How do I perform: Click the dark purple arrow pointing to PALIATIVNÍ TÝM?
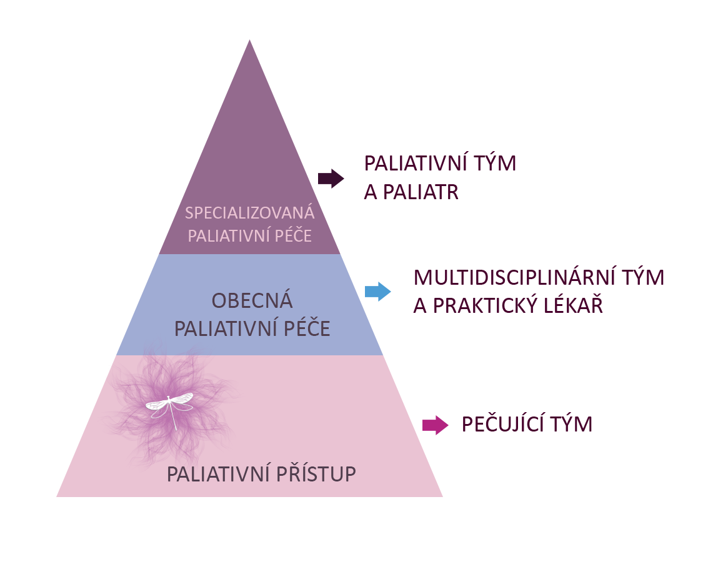tap(331, 179)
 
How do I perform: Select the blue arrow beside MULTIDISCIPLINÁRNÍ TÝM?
tap(378, 292)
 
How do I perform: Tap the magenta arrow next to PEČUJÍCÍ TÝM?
tap(435, 425)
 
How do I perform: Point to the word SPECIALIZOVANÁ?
tap(250, 213)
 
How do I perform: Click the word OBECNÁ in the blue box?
tap(252, 301)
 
